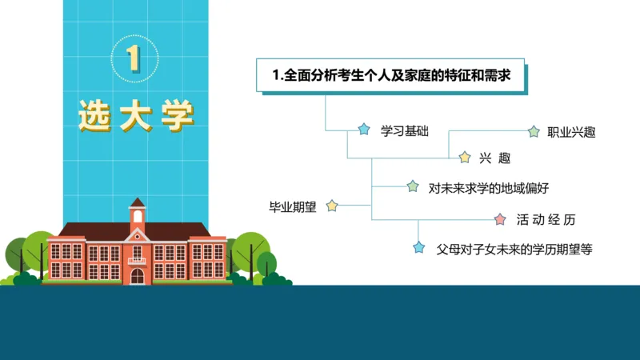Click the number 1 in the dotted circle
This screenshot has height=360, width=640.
[134, 58]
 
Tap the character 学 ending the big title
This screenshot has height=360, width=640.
[175, 117]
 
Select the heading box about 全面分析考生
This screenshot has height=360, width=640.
[391, 76]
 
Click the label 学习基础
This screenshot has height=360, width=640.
[405, 131]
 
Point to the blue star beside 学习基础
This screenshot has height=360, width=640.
[364, 130]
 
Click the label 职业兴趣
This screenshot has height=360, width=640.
[571, 132]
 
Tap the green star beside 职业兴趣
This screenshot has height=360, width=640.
[534, 130]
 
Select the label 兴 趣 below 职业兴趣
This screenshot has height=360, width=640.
[494, 158]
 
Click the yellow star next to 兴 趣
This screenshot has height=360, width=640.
[464, 157]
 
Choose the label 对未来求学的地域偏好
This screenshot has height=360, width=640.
[488, 188]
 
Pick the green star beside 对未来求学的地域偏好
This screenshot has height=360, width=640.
[413, 186]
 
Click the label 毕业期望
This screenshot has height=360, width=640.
[293, 206]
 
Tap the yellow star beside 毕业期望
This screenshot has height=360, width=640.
[332, 206]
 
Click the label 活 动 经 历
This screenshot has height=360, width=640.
[546, 219]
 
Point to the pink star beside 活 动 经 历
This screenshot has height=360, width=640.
[501, 218]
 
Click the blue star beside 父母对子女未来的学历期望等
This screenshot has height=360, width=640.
[418, 247]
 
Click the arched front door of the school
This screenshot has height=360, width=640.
[138, 275]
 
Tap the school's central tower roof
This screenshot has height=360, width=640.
[138, 203]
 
